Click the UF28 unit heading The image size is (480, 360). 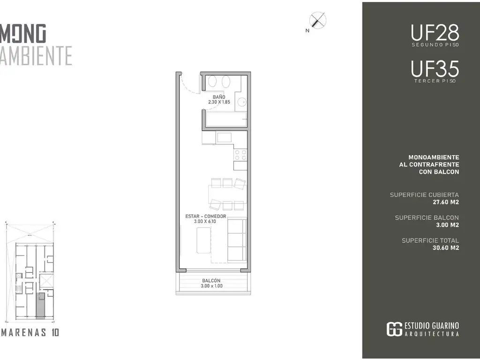click(x=435, y=33)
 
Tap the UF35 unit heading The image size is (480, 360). click(x=435, y=69)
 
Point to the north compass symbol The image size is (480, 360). click(x=317, y=21)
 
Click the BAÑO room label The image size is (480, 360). click(x=219, y=97)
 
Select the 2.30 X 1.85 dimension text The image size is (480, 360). click(x=219, y=102)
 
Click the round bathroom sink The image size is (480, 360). click(x=242, y=102)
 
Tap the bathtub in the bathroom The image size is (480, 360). click(x=226, y=120)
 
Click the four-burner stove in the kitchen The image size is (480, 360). click(x=240, y=155)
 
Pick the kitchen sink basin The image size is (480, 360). click(x=224, y=137)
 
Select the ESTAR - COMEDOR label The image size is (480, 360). click(x=206, y=216)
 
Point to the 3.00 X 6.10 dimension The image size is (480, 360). click(x=205, y=221)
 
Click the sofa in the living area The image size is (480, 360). click(x=237, y=240)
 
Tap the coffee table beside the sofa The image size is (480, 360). click(x=203, y=240)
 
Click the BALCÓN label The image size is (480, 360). click(x=211, y=280)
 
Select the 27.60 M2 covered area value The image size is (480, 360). click(x=446, y=202)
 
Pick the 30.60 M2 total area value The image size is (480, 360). click(x=446, y=248)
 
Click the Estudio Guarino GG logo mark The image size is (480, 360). click(x=394, y=329)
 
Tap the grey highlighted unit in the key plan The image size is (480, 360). click(x=40, y=306)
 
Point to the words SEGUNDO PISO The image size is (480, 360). click(x=435, y=45)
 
